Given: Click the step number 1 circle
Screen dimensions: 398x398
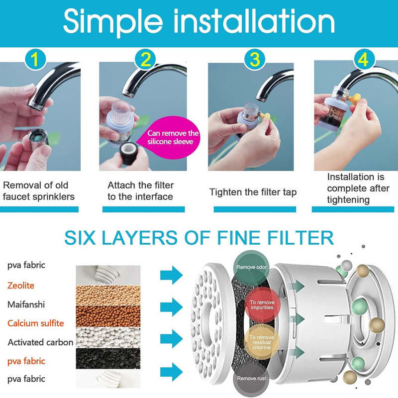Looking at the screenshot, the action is tap(35, 59).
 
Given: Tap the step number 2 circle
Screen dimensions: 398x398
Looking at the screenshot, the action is tap(145, 59).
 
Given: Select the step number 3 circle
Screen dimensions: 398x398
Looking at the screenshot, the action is tap(255, 59).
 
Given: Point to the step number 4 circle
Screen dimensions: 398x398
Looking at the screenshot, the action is tap(365, 59).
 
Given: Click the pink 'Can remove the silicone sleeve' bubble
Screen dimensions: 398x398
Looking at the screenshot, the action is tap(170, 137).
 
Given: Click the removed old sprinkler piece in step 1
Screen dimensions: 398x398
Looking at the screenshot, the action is tap(38, 139).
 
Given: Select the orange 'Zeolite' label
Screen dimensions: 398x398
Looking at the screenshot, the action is tap(21, 285).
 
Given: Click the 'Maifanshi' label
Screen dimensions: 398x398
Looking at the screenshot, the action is tap(26, 304).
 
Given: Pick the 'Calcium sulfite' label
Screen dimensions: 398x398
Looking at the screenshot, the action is tap(35, 323).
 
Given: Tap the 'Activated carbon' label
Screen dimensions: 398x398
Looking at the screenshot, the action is tap(40, 342).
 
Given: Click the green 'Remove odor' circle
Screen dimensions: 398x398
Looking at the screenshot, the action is tap(251, 267).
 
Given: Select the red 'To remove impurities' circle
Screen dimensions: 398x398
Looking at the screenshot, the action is tap(262, 304).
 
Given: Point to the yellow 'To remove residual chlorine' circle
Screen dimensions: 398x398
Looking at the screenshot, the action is tap(262, 342).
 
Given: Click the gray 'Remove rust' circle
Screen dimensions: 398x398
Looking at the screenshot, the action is tap(251, 379).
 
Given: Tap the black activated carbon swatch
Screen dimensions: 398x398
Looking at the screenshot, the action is tap(108, 358).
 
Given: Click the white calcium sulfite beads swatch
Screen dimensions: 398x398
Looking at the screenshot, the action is tap(108, 337).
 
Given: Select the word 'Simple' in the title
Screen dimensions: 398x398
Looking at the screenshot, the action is tap(113, 21).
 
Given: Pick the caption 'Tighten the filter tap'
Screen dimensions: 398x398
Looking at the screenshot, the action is tap(253, 192).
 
